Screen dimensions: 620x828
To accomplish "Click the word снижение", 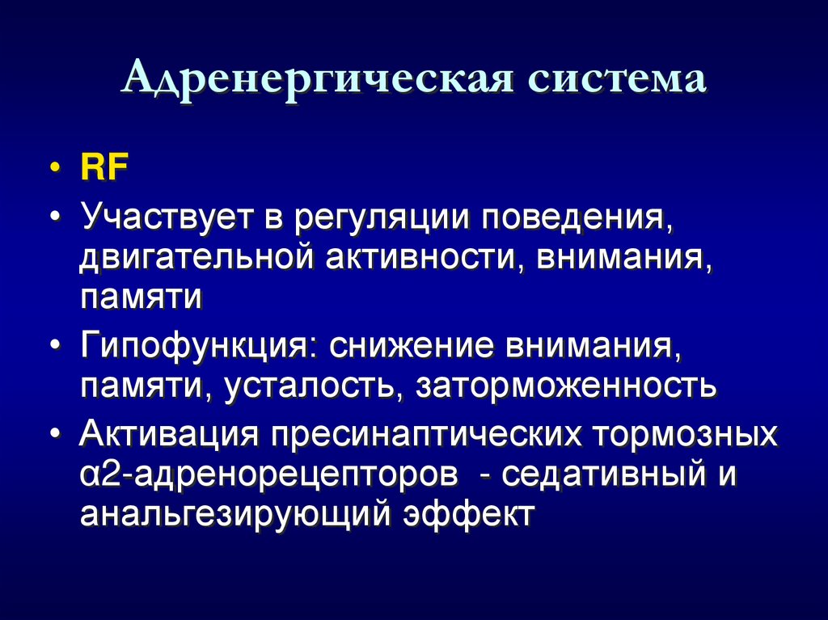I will [x=410, y=345].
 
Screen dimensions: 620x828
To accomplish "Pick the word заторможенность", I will [x=567, y=386].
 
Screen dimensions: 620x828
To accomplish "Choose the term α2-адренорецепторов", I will [x=264, y=474].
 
